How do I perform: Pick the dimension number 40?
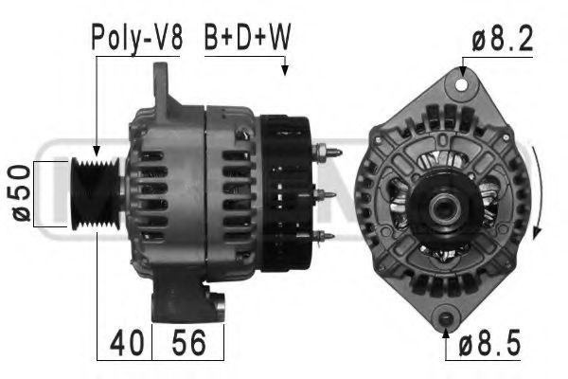[124, 343]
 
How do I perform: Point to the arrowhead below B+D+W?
[284, 69]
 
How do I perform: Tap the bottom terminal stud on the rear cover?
[326, 235]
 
